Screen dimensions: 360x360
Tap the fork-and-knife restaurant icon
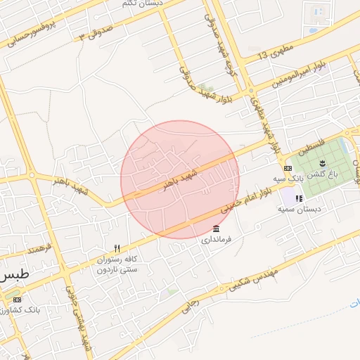click(x=117, y=248)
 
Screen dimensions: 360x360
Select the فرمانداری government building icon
click(x=215, y=229)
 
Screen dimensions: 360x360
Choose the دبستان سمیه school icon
click(x=291, y=198)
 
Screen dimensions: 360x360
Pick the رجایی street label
click(x=191, y=303)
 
